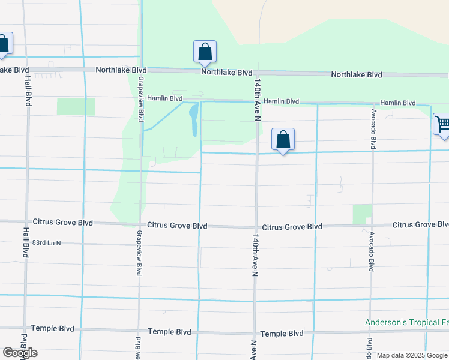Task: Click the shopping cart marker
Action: point(442,125)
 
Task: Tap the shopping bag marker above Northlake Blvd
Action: point(205,52)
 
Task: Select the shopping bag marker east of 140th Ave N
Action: point(283,139)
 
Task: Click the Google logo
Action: point(20,353)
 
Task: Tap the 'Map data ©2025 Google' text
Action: point(412,355)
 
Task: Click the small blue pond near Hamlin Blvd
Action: point(194,119)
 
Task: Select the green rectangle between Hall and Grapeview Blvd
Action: point(76,106)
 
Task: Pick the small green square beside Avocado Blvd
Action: point(362,214)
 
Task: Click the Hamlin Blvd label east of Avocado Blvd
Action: point(398,103)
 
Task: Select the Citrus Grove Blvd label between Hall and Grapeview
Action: point(63,223)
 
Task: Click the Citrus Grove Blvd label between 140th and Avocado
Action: point(292,227)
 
